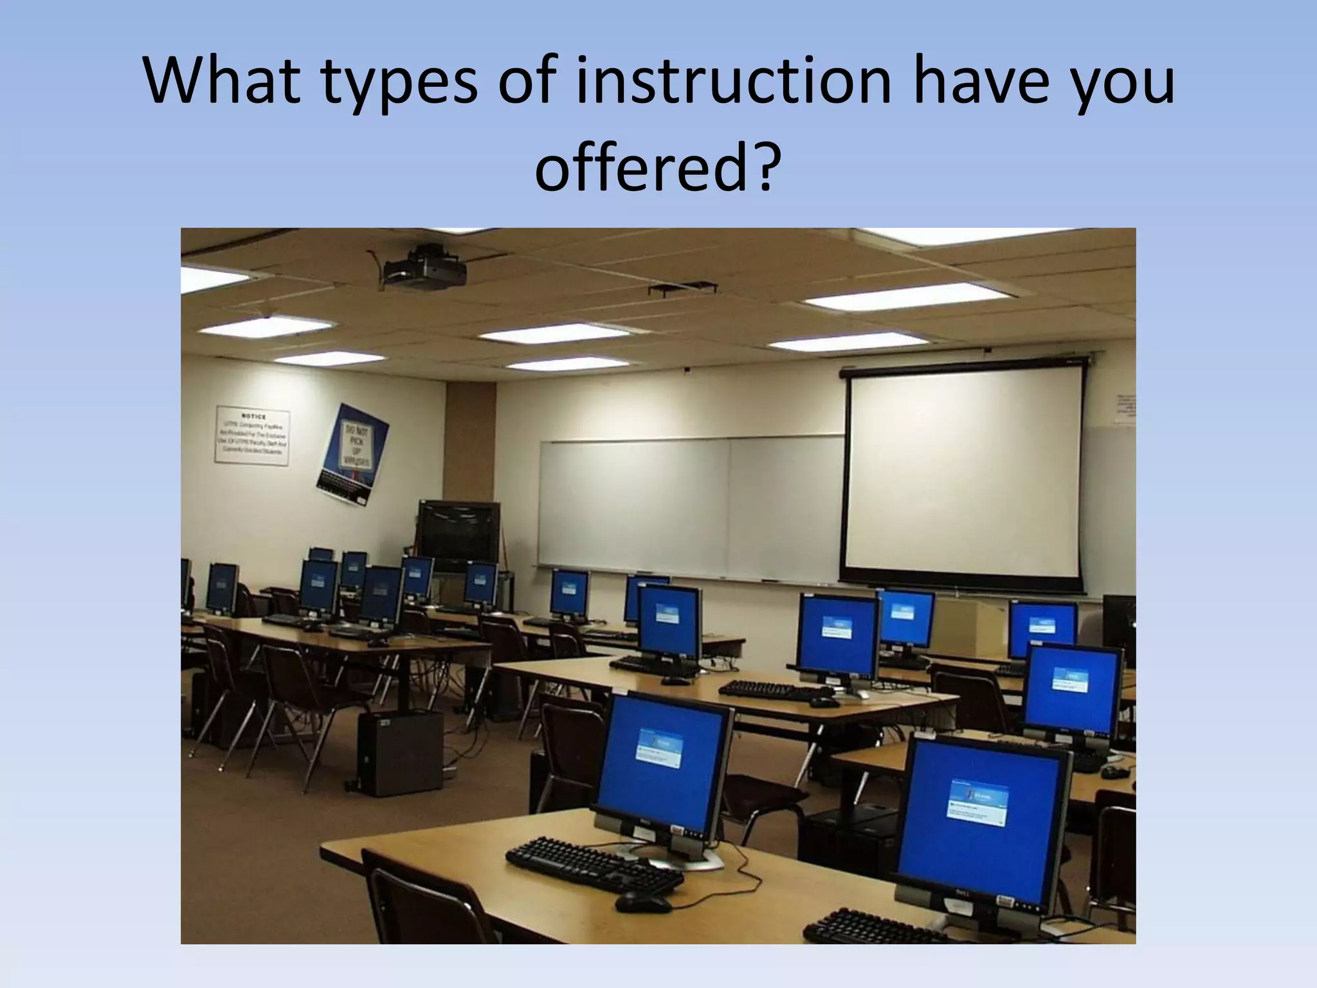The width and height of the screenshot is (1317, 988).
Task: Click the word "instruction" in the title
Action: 732,82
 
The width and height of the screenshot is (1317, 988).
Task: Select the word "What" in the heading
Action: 222,82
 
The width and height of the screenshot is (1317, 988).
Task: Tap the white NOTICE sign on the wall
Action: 252,435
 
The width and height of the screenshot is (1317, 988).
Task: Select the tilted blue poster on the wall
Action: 352,453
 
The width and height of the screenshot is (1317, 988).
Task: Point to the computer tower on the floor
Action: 401,753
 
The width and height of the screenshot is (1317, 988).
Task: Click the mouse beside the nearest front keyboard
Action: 642,902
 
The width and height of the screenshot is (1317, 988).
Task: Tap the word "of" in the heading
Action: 523,82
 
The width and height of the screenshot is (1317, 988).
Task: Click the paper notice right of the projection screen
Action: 1125,408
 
